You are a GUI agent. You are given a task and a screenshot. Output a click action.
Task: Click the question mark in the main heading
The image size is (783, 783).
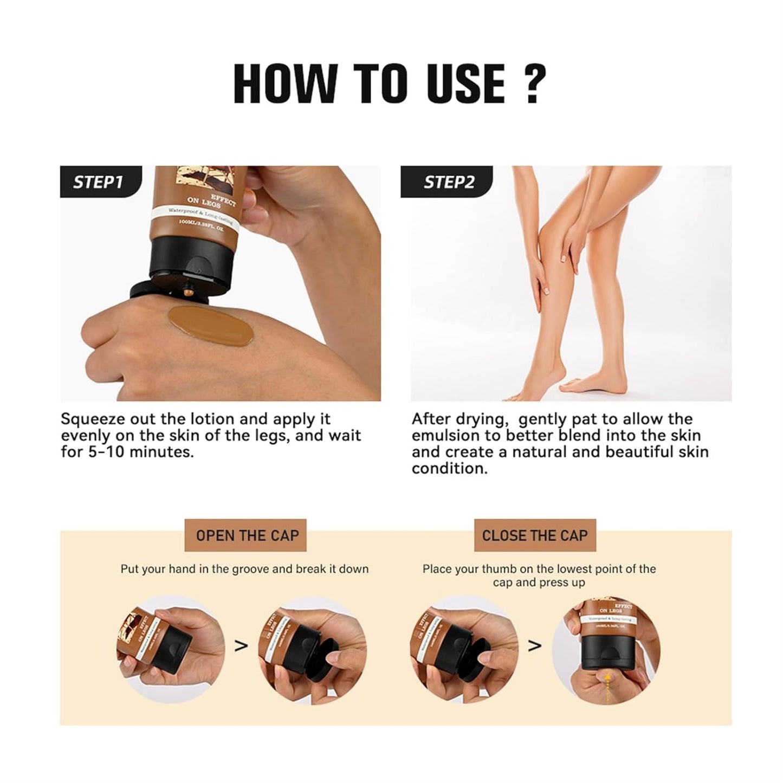tap(532, 84)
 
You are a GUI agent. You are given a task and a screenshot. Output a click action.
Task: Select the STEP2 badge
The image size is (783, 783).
tap(448, 182)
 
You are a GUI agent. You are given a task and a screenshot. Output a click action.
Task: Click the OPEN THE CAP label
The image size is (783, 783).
tap(247, 536)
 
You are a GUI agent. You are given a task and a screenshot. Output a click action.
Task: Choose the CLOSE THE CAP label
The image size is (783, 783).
tap(534, 536)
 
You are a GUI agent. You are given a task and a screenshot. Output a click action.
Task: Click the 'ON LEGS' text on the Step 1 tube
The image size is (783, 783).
tap(203, 201)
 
